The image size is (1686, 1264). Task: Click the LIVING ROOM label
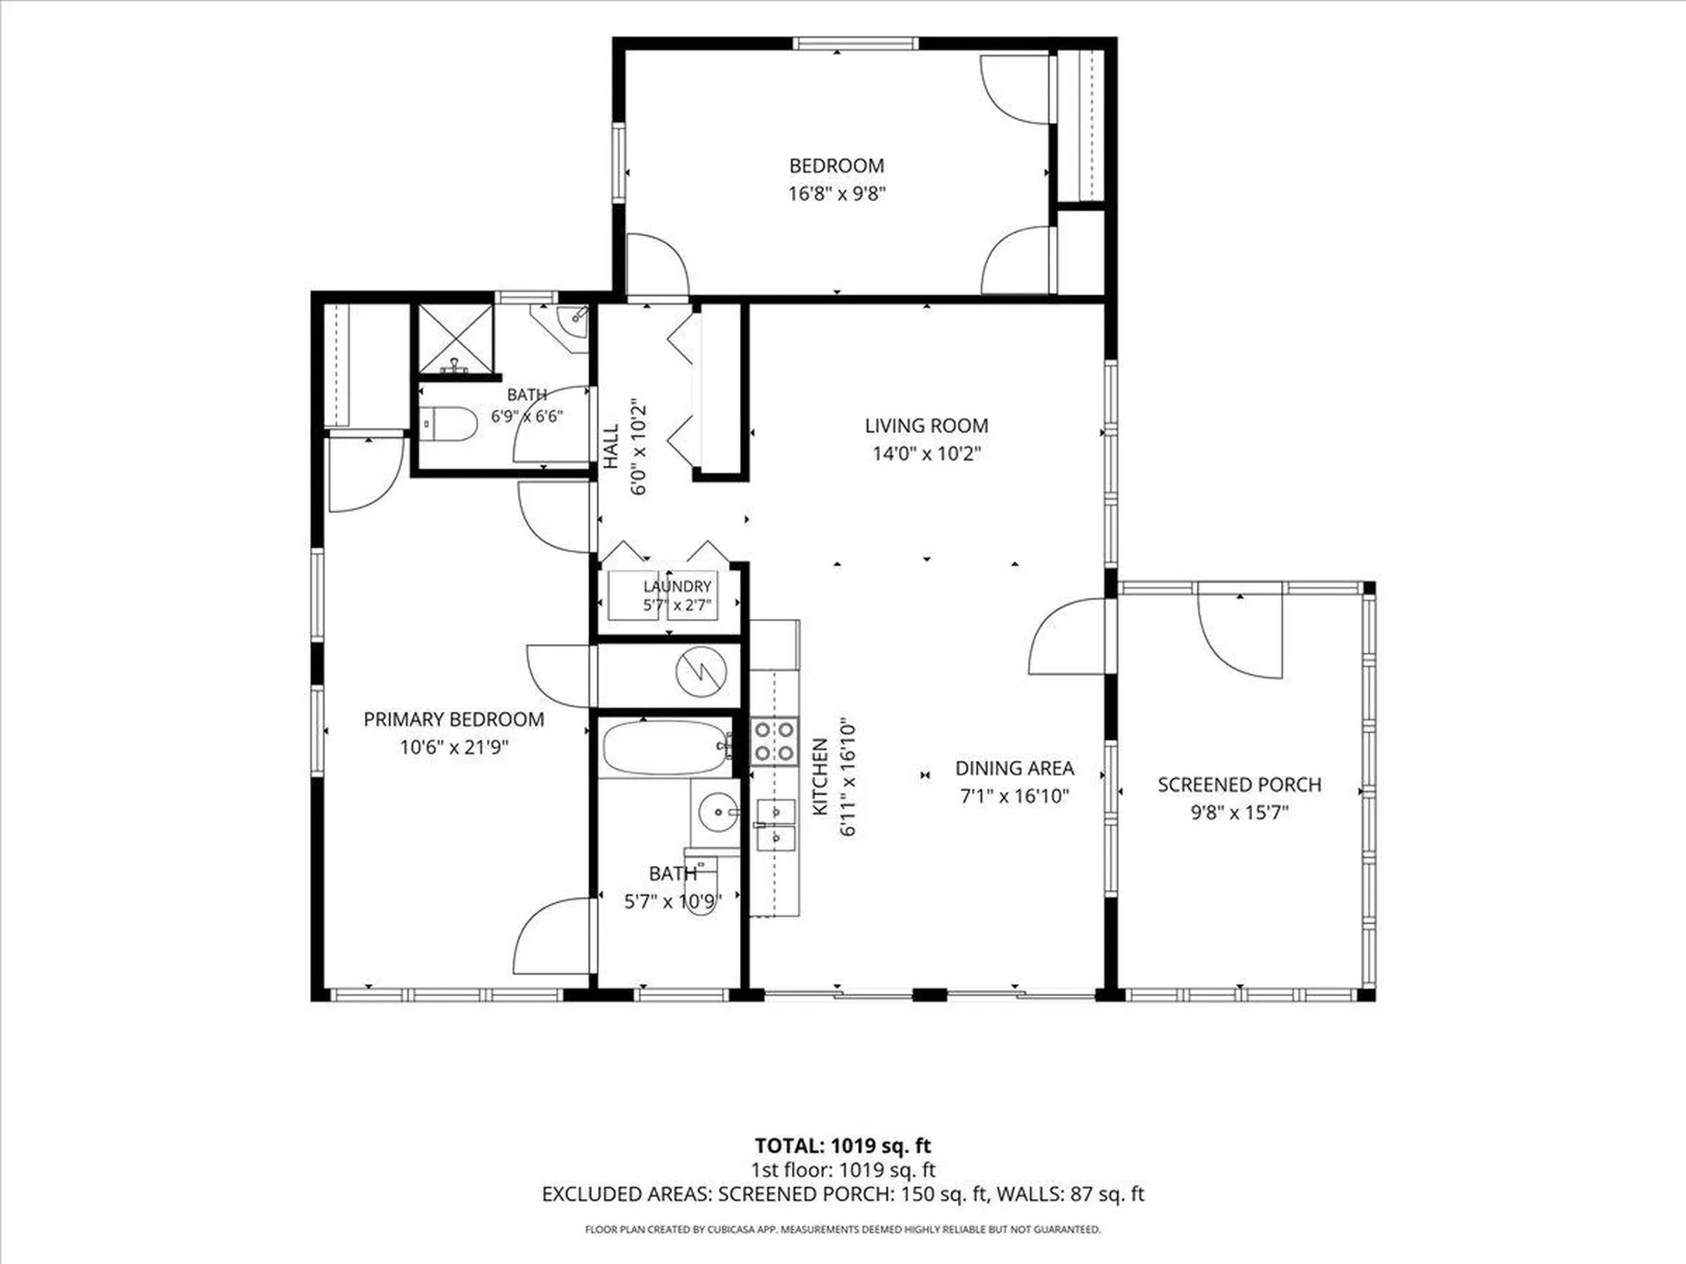[926, 426]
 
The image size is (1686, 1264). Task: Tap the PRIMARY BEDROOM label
[454, 720]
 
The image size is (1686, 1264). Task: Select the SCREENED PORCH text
[1239, 785]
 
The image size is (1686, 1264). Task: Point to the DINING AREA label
[1014, 768]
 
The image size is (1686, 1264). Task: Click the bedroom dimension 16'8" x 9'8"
[837, 193]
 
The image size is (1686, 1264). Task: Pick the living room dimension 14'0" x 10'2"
[926, 454]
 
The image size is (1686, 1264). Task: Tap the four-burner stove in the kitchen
[775, 741]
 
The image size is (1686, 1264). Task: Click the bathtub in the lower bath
[667, 748]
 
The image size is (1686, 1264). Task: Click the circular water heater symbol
[702, 672]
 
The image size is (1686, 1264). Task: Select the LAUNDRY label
[677, 586]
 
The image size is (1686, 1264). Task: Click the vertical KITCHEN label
[820, 777]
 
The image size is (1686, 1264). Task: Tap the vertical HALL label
[611, 447]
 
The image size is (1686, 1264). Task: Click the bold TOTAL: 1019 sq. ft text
[843, 1145]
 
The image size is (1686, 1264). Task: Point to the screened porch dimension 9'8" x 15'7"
[1239, 813]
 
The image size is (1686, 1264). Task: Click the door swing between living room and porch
[1067, 636]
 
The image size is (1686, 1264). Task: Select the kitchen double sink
[775, 826]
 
